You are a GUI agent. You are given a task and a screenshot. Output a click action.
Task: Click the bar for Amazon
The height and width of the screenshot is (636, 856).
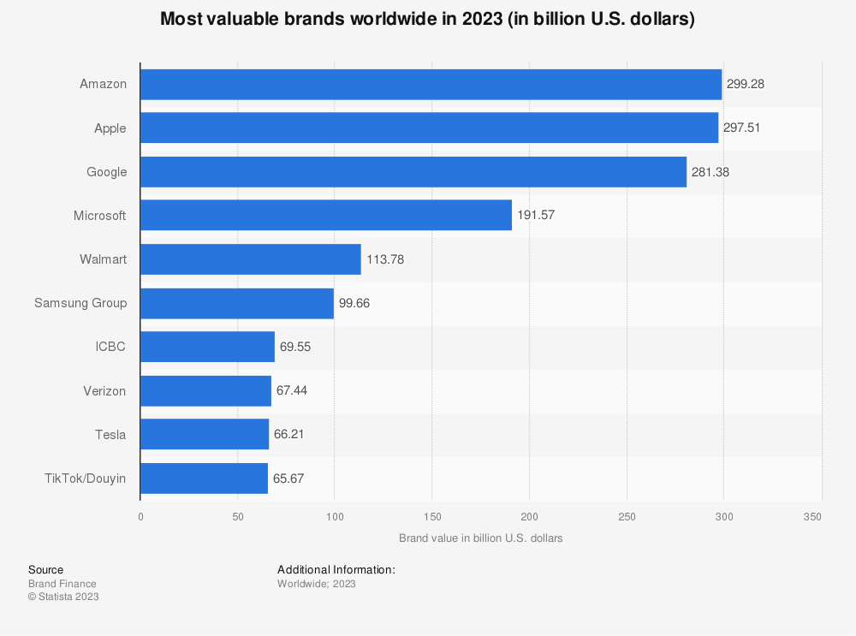pos(431,85)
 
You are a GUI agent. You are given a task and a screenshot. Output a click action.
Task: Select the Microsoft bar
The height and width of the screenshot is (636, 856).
pos(325,216)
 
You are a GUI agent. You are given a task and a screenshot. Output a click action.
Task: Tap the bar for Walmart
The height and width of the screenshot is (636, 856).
pos(250,259)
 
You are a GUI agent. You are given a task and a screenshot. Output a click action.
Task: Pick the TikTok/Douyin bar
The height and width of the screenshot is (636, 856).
pos(204,478)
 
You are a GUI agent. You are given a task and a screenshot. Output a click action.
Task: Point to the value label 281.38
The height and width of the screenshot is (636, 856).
pos(710,172)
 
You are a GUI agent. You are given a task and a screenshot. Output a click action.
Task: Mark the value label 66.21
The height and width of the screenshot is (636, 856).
pos(289,435)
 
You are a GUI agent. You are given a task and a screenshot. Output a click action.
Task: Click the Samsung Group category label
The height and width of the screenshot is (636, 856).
pos(80,303)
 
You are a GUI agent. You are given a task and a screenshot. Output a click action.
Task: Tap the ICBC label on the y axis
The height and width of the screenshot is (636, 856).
pos(110,348)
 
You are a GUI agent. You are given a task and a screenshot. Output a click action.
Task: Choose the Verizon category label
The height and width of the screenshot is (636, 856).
pos(104,391)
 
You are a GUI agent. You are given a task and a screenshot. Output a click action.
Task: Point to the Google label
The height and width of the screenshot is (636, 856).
pos(106,172)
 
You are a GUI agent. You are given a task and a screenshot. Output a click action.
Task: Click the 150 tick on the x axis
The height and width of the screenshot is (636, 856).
pos(431,517)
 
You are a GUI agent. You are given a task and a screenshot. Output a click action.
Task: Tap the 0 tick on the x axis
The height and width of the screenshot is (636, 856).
pos(140,517)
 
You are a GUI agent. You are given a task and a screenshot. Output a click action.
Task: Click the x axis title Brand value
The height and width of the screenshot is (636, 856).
pos(480,538)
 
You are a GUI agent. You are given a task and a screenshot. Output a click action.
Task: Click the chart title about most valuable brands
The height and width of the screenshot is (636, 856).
pos(427,20)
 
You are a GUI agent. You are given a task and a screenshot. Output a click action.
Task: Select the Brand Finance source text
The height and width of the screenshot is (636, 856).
pos(62,584)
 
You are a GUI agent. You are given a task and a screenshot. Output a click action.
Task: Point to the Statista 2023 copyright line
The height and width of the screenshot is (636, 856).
pos(63,597)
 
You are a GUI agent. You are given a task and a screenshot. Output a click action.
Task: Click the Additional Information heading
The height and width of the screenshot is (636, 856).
pos(336,569)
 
